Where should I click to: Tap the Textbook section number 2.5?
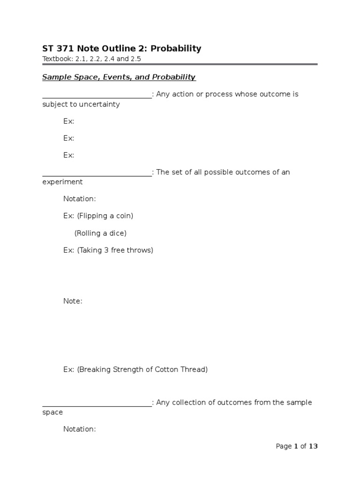point(135,59)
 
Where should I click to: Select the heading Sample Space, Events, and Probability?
point(119,77)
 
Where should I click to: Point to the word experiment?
point(62,182)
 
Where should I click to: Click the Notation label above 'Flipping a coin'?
point(79,199)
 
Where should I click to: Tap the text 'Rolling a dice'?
point(100,233)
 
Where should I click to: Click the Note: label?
point(73,301)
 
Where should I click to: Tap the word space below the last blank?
point(52,412)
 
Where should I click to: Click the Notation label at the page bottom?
point(79,429)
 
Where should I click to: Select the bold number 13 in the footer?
point(313,446)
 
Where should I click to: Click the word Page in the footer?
point(284,446)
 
